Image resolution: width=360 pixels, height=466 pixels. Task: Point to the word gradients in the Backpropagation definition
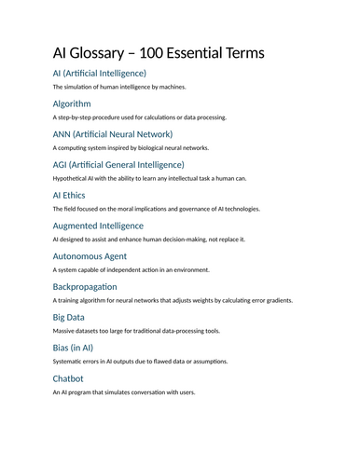277,301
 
